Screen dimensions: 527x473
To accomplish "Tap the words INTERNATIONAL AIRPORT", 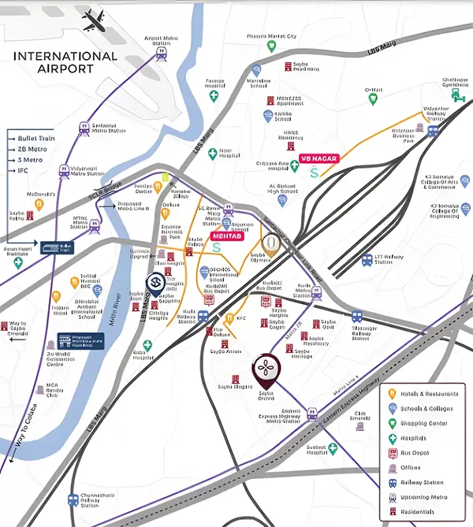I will pyautogui.click(x=65, y=63).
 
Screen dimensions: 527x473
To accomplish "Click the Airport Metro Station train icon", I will pyautogui.click(x=162, y=52).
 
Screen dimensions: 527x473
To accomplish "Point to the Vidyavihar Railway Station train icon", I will pyautogui.click(x=433, y=132).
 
